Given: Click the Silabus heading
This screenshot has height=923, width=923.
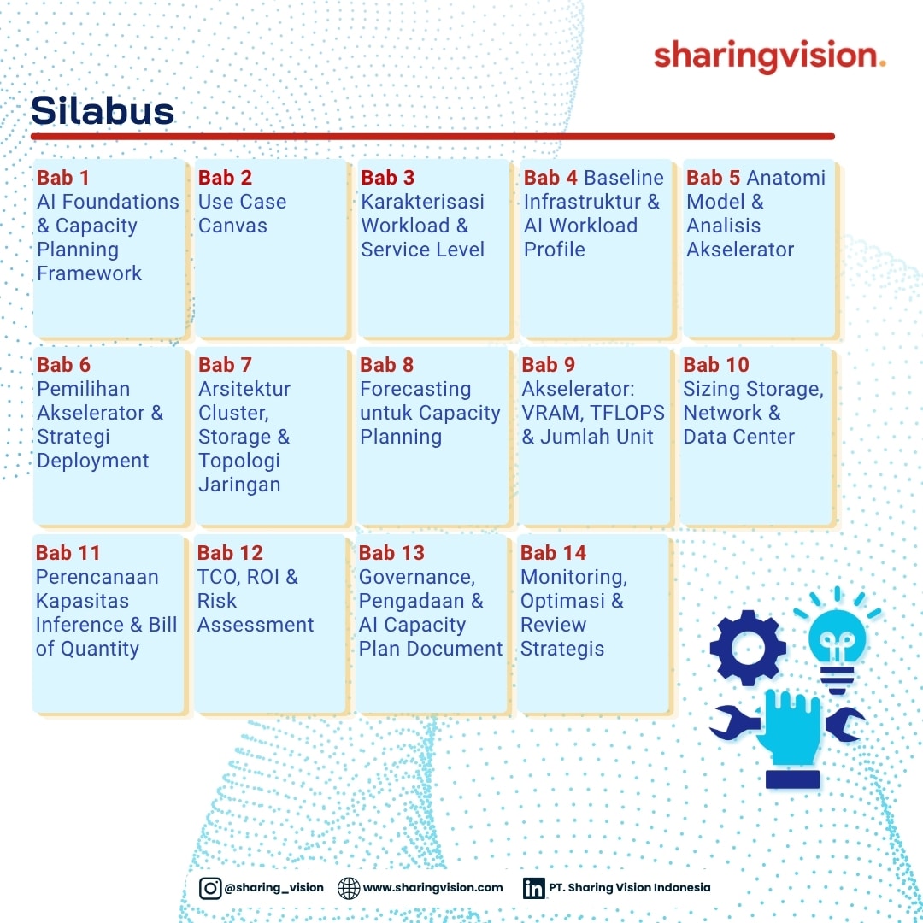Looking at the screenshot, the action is [103, 110].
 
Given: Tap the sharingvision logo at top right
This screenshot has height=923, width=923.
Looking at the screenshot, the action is [769, 56].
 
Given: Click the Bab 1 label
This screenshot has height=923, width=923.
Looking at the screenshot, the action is [63, 177].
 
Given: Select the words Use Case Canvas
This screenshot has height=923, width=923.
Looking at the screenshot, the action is [242, 213].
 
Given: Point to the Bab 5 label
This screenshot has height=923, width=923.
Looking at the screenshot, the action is [713, 177].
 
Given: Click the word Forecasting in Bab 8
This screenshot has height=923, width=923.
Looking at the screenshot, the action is [415, 389].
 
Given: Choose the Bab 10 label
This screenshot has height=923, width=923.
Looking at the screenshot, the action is [716, 364].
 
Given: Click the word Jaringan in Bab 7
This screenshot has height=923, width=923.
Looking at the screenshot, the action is [239, 485].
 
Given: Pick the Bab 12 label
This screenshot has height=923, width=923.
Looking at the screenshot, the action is [230, 552].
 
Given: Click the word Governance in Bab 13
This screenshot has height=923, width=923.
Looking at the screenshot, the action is [416, 577].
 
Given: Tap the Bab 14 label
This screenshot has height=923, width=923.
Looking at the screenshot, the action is [553, 552].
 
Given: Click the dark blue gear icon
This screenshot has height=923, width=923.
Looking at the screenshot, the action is [748, 648].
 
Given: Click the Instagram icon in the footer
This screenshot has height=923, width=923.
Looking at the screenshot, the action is [210, 888].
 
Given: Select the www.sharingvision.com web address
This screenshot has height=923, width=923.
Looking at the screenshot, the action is [432, 888].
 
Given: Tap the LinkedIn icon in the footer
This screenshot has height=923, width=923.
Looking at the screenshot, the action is [534, 888].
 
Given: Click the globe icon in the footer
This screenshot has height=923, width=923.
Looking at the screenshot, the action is [349, 888].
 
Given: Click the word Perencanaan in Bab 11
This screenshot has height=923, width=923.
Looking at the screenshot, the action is [97, 577].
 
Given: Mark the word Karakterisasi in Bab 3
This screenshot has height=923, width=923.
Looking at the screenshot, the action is [423, 202].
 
